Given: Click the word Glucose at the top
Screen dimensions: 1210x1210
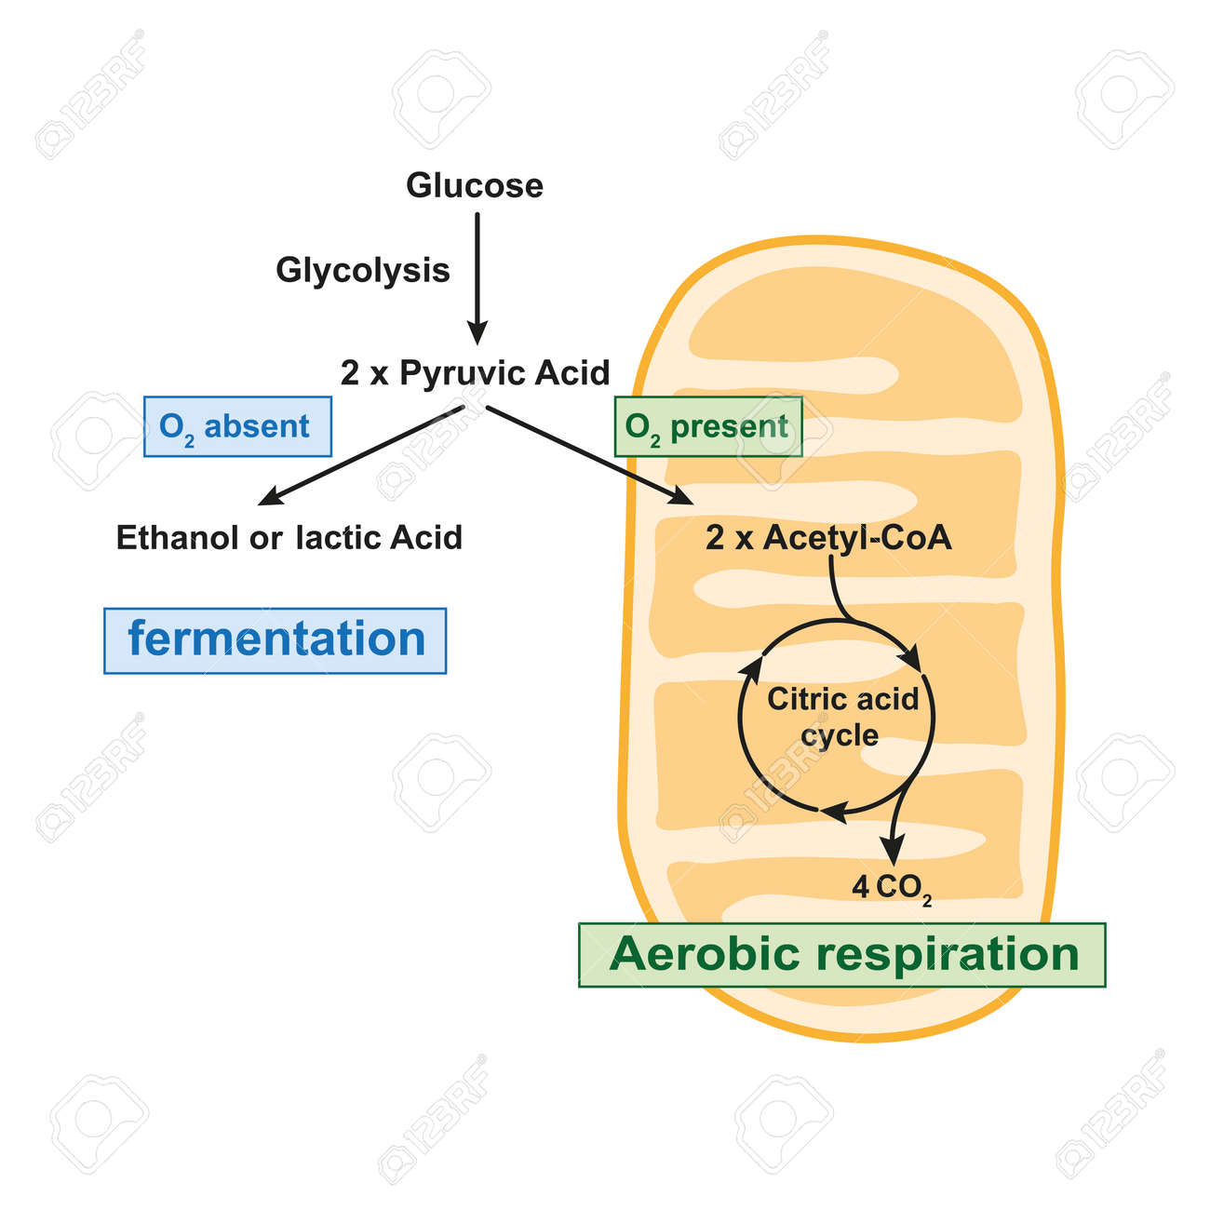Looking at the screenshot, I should pos(474,185).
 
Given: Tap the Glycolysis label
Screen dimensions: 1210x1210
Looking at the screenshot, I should pos(362,270).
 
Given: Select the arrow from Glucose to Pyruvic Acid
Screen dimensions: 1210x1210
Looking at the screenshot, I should pos(477,279).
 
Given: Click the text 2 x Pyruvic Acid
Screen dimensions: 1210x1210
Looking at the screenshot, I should pos(475,373).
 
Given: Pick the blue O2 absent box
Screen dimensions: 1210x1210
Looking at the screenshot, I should pos(237,426).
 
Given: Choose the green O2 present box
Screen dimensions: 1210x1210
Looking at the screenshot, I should pos(707,426).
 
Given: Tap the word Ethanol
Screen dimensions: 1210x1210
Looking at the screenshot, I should pos(178,537).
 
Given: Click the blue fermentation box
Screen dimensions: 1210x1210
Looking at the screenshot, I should pos(276,640).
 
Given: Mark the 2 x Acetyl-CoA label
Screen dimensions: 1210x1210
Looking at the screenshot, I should pos(828,537).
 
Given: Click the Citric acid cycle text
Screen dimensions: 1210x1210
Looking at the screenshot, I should pos(841,717).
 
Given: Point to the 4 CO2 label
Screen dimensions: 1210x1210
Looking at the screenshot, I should pos(891,888).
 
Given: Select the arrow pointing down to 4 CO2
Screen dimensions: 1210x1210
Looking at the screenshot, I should pos(896,824).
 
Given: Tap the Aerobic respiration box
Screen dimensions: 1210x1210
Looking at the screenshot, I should pos(842,955).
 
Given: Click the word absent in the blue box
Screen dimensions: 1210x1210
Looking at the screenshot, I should pos(256,426).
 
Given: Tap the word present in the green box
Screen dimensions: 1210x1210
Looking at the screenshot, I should pos(729,426).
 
